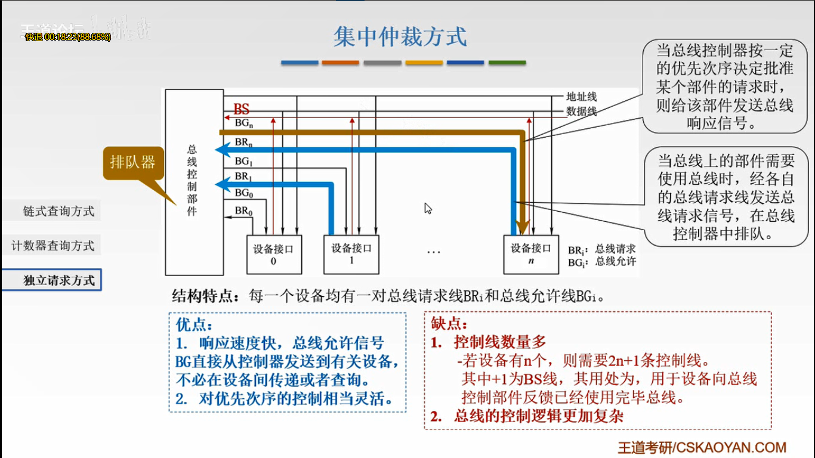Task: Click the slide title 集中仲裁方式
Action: tap(400, 37)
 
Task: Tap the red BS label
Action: tap(241, 109)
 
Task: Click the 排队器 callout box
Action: tap(132, 162)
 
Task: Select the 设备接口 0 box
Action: tap(274, 255)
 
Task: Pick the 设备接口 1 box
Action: tap(351, 254)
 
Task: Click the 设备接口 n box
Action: tap(530, 255)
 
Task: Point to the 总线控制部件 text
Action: tap(192, 181)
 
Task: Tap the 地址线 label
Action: tap(581, 97)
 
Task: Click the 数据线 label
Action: tap(581, 111)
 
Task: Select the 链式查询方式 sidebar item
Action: tap(58, 211)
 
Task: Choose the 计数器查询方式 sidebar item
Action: tap(53, 246)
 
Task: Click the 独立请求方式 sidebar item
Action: tap(58, 280)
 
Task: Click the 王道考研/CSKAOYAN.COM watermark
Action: tap(702, 447)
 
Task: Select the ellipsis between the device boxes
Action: tap(434, 252)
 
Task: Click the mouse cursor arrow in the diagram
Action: tap(428, 208)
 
